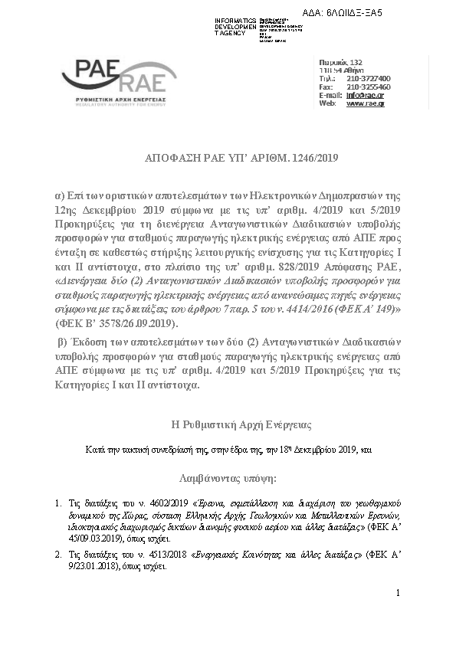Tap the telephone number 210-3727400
[369, 79]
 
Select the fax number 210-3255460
[369, 87]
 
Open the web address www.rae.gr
[366, 103]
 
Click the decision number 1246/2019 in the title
[312, 159]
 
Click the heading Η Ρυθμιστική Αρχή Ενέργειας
[228, 423]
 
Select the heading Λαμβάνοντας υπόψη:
[228, 478]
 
